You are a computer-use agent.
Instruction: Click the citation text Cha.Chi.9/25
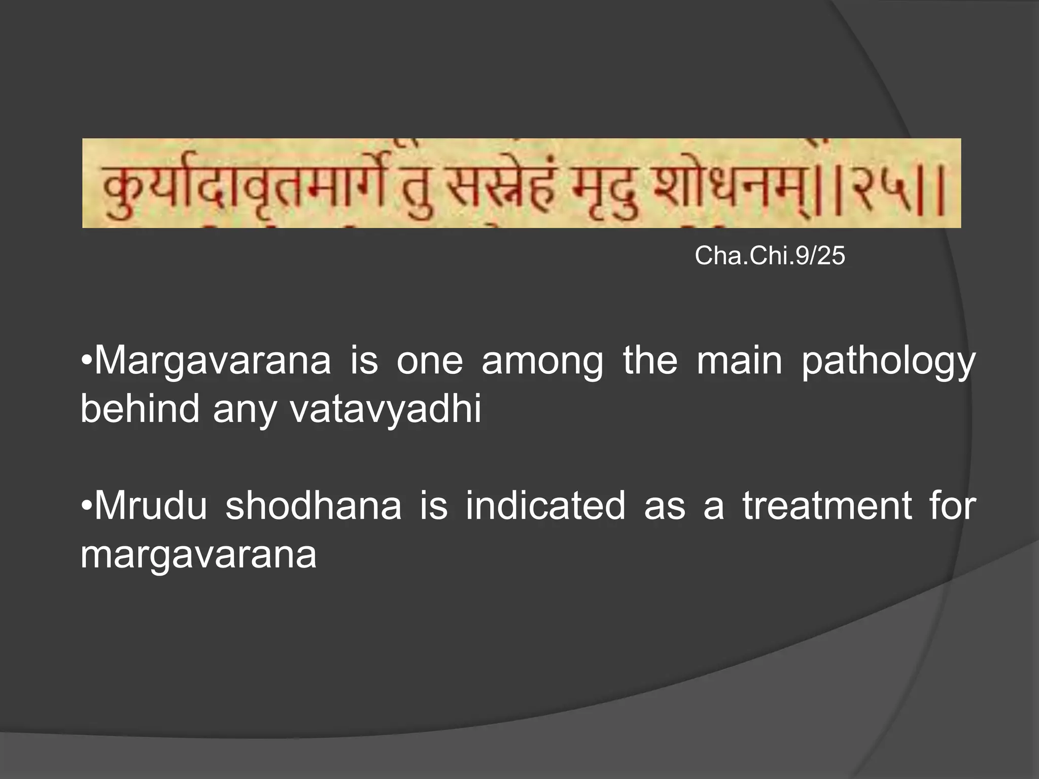[x=770, y=255]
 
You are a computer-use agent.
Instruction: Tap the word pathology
[x=888, y=361]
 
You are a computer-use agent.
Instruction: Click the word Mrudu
[x=151, y=506]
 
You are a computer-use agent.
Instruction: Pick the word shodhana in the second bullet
[x=313, y=506]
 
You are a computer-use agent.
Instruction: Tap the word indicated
[x=545, y=506]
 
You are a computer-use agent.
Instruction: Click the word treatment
[x=827, y=506]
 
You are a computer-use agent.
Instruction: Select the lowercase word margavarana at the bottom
[x=198, y=554]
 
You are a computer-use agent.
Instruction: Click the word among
[x=542, y=361]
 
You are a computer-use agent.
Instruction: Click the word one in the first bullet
[x=430, y=361]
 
